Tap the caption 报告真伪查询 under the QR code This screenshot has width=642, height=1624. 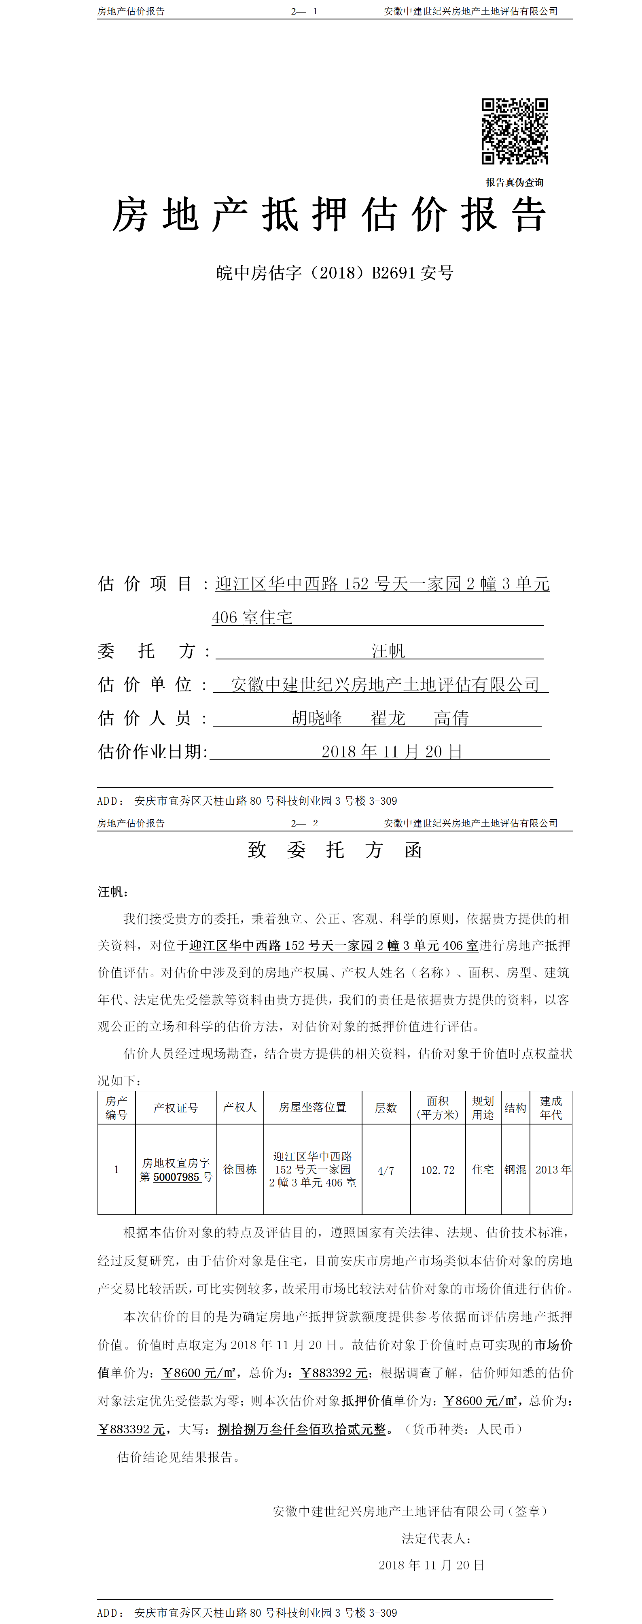[514, 182]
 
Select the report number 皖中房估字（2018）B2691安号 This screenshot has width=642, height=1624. [335, 273]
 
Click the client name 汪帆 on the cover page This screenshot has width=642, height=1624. [388, 650]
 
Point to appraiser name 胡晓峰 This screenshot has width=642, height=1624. [316, 718]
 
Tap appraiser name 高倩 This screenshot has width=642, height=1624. [451, 718]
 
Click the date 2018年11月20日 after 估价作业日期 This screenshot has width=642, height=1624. [392, 751]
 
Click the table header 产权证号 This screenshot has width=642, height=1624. [176, 1107]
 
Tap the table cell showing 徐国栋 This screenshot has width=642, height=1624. [240, 1169]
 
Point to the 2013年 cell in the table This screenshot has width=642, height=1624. [553, 1169]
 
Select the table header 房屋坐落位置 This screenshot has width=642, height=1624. [312, 1107]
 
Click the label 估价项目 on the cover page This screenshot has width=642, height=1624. [145, 584]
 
